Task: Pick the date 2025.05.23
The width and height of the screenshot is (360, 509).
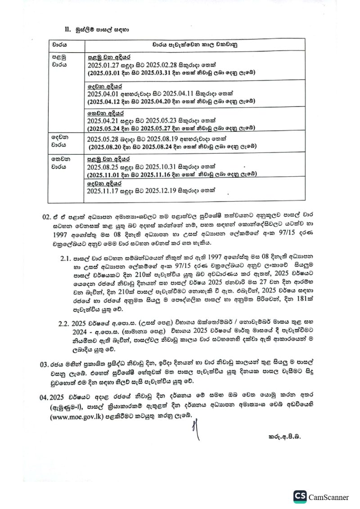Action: (x=168, y=121)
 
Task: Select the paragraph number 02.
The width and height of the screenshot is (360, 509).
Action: (x=47, y=216)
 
